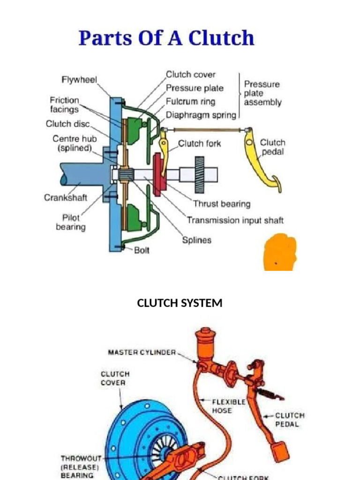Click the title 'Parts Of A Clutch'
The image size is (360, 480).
[x=166, y=38]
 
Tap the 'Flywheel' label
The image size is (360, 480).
[x=79, y=80]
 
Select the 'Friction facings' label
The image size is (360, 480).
[x=65, y=105]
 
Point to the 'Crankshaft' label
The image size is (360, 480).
[x=66, y=197]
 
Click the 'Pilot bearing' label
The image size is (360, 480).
[x=71, y=222]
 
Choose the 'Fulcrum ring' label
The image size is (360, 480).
[x=190, y=101]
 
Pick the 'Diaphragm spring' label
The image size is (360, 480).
[x=201, y=115]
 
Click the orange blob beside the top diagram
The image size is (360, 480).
[x=280, y=252]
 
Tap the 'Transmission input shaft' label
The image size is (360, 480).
[x=235, y=220]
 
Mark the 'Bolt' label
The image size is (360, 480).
[x=142, y=250]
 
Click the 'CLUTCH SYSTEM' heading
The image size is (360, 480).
[x=180, y=303]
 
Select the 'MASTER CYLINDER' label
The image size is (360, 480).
[x=142, y=352]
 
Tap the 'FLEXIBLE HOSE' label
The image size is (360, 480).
[x=229, y=406]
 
